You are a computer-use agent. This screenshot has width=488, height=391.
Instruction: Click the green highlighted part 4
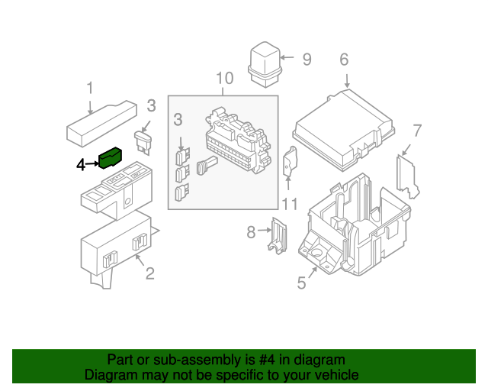pyautogui.click(x=111, y=159)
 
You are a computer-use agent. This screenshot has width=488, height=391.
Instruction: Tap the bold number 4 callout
pyautogui.click(x=81, y=164)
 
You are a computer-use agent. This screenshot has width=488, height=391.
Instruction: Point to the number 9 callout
pyautogui.click(x=307, y=59)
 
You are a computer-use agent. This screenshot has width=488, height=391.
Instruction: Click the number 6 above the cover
pyautogui.click(x=344, y=60)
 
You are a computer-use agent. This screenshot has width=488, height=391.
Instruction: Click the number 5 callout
pyautogui.click(x=301, y=283)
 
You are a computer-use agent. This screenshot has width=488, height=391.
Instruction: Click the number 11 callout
pyautogui.click(x=288, y=204)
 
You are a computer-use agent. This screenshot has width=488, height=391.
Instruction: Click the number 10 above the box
pyautogui.click(x=223, y=79)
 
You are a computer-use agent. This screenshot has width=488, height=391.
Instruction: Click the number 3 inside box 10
pyautogui.click(x=178, y=119)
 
